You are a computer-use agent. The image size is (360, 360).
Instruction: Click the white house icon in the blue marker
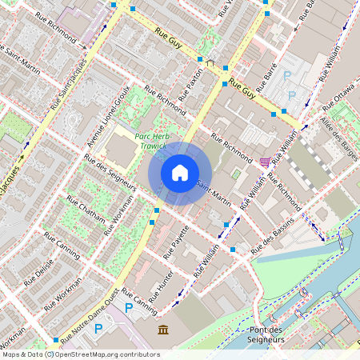(180, 173)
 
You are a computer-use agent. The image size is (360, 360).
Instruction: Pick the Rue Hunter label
(162, 288)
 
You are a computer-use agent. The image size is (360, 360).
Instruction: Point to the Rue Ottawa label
(338, 97)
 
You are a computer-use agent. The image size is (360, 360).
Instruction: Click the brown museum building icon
(163, 330)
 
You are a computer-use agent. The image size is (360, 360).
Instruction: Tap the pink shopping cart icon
(265, 162)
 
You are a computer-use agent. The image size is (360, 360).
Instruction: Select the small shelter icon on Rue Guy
(210, 62)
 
